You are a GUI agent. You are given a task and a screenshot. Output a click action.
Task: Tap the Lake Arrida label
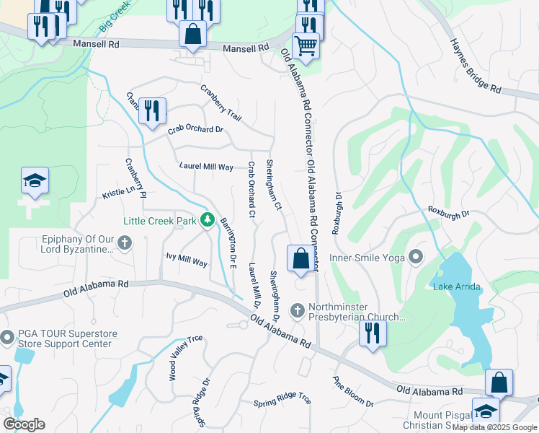tap(456, 287)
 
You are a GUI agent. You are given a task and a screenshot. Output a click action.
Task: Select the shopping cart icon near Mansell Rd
tap(306, 46)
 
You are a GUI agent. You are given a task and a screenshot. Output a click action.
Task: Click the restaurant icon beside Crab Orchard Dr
tap(152, 110)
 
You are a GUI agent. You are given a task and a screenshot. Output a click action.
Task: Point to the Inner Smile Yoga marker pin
tap(416, 257)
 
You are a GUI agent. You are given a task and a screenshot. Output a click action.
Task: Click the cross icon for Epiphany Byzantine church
tap(125, 243)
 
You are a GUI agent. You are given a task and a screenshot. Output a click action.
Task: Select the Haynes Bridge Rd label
tap(475, 66)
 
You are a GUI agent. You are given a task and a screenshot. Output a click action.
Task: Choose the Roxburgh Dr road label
tap(448, 214)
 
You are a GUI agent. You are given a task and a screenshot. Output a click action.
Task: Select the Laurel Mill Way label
tap(206, 167)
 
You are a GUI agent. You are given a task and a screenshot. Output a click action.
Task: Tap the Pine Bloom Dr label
tap(352, 392)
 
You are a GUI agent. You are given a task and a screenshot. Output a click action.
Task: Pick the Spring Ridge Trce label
tap(282, 400)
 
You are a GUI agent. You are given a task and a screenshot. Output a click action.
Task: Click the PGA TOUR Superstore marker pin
tap(6, 338)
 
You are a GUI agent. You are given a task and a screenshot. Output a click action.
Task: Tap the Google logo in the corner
tap(24, 424)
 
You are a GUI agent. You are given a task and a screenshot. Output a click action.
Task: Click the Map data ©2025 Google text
tap(494, 427)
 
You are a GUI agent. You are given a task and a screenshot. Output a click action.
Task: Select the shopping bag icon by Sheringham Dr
tap(300, 258)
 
